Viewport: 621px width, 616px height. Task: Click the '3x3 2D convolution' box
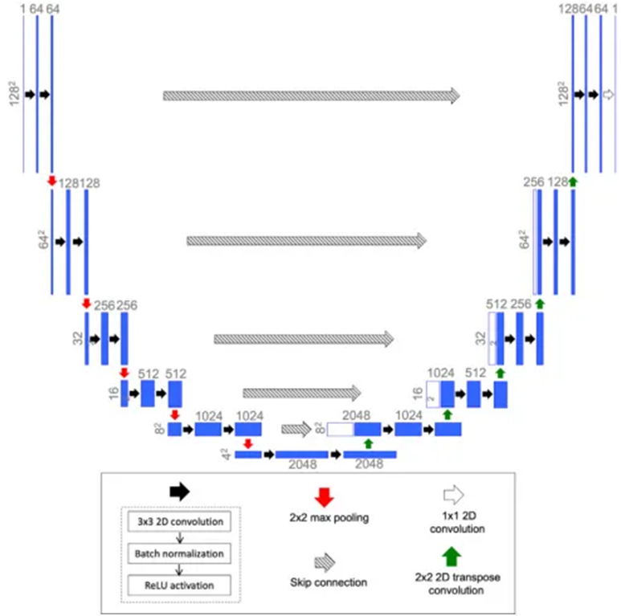[179, 523]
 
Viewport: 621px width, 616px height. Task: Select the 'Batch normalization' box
[179, 553]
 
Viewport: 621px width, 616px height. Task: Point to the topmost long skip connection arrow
[311, 95]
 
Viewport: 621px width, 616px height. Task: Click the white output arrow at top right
[608, 95]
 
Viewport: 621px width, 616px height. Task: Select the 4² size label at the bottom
[228, 455]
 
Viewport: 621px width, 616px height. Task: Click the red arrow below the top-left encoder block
[51, 182]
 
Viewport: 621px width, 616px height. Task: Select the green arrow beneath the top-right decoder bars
[573, 182]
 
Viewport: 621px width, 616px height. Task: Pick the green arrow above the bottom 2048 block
[369, 443]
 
